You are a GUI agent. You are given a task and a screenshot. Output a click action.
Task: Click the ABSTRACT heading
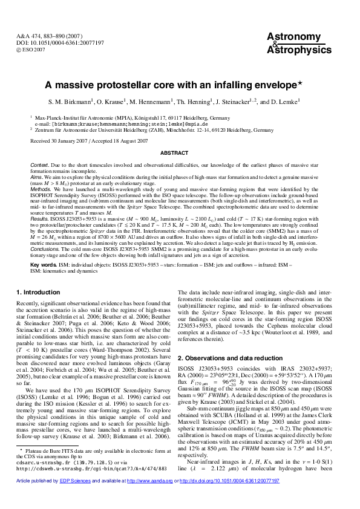pos(180,153)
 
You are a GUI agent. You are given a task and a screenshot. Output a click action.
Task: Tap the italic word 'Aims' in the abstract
pos(38,177)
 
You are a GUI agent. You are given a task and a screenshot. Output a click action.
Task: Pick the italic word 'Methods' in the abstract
pos(42,189)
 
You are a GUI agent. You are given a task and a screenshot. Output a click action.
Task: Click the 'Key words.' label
pos(44,265)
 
